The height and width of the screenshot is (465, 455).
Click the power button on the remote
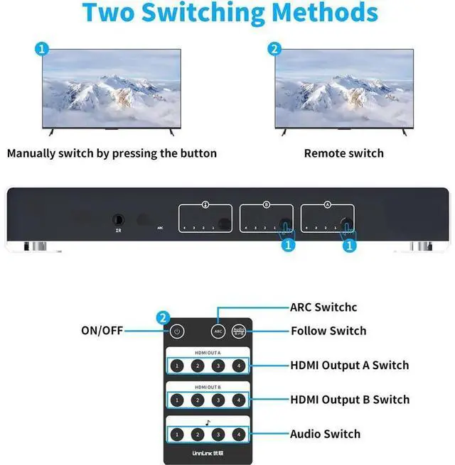point(177,332)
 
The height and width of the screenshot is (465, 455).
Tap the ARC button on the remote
point(218,332)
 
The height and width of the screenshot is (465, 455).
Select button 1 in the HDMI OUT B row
point(177,400)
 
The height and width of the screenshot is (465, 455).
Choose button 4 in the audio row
point(239,434)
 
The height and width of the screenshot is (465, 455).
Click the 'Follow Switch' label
point(328,331)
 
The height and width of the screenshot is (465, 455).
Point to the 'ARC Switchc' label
point(323,307)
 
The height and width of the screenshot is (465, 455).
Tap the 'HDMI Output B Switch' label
point(350,400)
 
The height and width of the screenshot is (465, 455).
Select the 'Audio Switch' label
point(325,434)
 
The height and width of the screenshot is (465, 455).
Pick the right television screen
point(343,89)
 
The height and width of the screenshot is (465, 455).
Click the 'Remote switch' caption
point(343,153)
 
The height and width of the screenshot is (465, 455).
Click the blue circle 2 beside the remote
point(164,317)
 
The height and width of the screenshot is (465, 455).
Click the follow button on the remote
point(239,332)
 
